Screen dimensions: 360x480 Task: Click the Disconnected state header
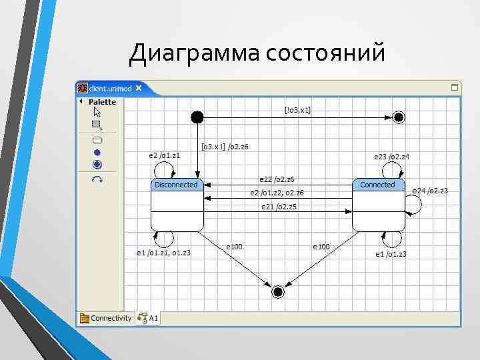coord(177,185)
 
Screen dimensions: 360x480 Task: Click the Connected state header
coord(378,185)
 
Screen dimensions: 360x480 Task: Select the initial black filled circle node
coord(197,117)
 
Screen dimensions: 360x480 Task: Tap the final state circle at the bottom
coord(278,291)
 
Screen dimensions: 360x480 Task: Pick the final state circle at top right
coord(399,117)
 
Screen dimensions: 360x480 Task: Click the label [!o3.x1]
coord(297,109)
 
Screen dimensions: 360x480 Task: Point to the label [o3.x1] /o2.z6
coord(225,146)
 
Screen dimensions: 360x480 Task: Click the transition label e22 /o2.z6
coord(277,179)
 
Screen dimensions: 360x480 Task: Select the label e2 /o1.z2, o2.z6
coord(277,193)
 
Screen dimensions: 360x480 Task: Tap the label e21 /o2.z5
coord(279,207)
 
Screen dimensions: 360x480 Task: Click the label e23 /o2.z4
coord(391,157)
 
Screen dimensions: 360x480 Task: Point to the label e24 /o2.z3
coord(430,191)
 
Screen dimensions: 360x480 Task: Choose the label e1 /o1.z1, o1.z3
coord(164,253)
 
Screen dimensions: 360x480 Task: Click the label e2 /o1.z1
coord(164,155)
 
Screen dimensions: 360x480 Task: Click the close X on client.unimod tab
coord(139,87)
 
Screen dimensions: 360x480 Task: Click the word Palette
coord(102,102)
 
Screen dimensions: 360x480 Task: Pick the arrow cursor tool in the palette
coord(97,112)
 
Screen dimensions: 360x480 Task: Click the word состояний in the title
coord(325,53)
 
